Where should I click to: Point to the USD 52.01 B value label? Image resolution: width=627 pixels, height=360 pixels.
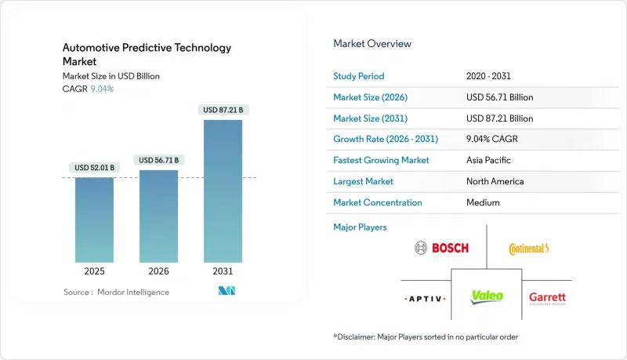tap(94, 168)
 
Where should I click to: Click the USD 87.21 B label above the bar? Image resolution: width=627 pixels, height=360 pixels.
tap(223, 110)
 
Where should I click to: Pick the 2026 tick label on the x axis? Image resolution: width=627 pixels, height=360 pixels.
tap(158, 272)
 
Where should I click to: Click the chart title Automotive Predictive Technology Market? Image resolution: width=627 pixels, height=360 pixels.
tap(147, 54)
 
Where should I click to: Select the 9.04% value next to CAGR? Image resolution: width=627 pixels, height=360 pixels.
tap(103, 89)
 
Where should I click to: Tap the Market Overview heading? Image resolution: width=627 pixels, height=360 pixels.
tap(372, 43)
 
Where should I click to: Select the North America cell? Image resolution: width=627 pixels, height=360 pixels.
tap(495, 181)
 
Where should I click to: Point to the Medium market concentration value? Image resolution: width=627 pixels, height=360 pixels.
tap(482, 202)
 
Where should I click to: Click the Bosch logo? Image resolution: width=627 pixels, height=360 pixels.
tap(441, 248)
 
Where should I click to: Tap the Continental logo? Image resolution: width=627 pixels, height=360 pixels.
tap(529, 249)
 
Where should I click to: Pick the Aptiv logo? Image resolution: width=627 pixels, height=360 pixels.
tap(425, 299)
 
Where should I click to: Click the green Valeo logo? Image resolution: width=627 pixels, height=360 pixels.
tap(487, 297)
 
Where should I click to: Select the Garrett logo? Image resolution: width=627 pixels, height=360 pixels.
tap(547, 298)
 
